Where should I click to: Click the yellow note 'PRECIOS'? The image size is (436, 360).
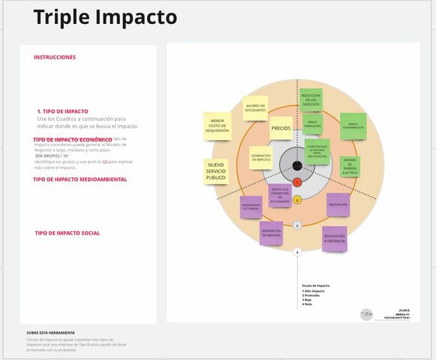[x=281, y=128]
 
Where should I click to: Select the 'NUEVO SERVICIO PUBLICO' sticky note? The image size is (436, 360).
[x=216, y=171]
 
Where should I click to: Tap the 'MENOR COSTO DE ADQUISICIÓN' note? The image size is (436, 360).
[x=217, y=125]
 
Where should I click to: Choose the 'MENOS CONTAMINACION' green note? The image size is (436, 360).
[x=352, y=125]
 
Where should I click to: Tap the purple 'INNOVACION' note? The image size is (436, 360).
[x=338, y=204]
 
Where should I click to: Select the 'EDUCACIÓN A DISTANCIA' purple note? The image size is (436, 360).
[x=334, y=238]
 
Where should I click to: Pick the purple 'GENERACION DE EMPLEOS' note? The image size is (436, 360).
[x=271, y=233]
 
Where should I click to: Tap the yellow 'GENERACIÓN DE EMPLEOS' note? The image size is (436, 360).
[x=261, y=156]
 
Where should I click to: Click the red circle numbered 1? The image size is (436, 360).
[x=297, y=182]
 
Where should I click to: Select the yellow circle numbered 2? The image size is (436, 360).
[x=297, y=200]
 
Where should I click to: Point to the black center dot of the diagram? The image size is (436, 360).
[x=297, y=165]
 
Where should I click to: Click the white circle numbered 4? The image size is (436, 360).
[x=297, y=253]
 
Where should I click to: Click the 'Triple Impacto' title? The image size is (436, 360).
[x=105, y=17]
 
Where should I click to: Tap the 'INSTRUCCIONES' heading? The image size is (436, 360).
[x=55, y=57]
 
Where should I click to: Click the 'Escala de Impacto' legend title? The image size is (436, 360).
[x=315, y=286]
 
